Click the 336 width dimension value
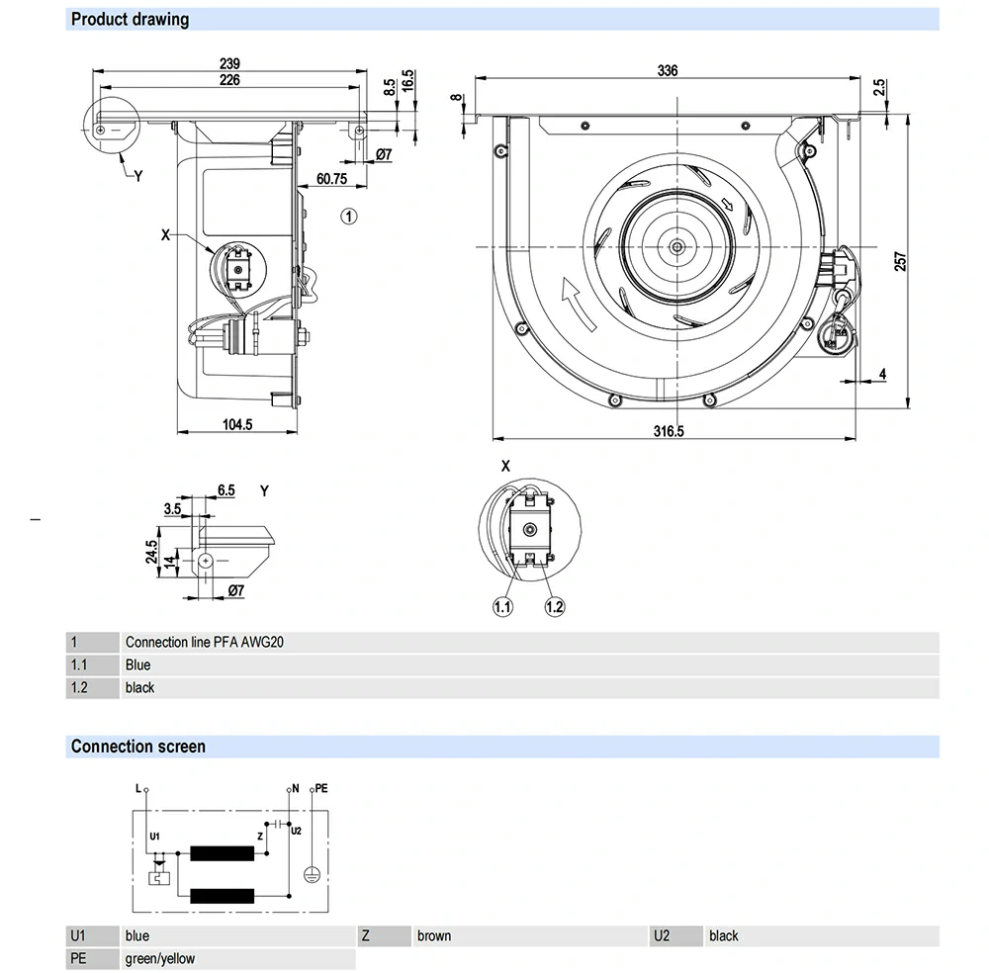point(668,70)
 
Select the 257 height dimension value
point(899,260)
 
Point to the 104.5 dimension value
point(237,425)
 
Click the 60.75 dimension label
point(331,179)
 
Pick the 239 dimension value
point(229,63)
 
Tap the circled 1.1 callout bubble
point(503,606)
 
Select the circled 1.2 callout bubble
point(554,606)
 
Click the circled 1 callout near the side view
point(349,215)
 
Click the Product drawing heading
point(130,19)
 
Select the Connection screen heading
point(137,747)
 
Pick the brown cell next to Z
point(434,935)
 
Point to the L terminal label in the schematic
point(137,788)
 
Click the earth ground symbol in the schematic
point(311,873)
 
